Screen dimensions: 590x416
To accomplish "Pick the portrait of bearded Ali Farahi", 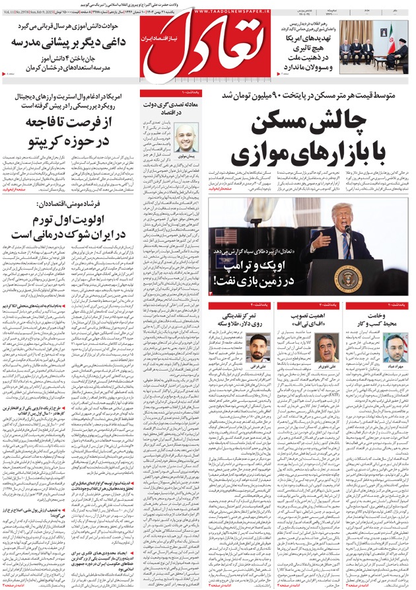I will [258, 346].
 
